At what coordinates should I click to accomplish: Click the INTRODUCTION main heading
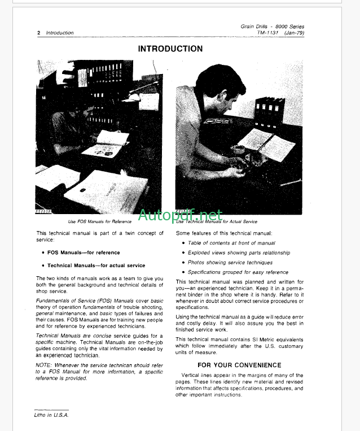tap(170, 49)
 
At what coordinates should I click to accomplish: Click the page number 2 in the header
tap(38, 33)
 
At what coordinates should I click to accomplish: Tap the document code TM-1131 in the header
tap(268, 33)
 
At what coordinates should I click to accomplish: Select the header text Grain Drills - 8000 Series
tap(272, 26)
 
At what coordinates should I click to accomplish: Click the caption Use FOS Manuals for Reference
tap(100, 221)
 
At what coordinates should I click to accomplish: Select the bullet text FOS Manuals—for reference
tap(84, 252)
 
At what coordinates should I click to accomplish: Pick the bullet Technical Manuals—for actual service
tap(96, 265)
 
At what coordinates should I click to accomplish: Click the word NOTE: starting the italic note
tap(44, 365)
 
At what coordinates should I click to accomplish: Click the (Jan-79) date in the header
tap(293, 33)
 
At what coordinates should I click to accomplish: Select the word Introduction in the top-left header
tap(60, 33)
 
